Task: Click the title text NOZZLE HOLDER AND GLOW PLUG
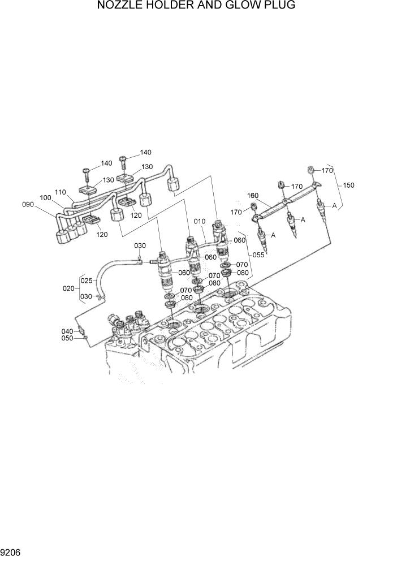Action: pos(196,6)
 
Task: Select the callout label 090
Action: pos(28,204)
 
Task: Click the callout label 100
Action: pos(46,197)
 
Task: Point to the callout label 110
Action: pos(61,191)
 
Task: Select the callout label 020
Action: pos(68,288)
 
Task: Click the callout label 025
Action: pos(87,280)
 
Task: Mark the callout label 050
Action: pos(67,338)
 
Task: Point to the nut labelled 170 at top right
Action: pos(311,169)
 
